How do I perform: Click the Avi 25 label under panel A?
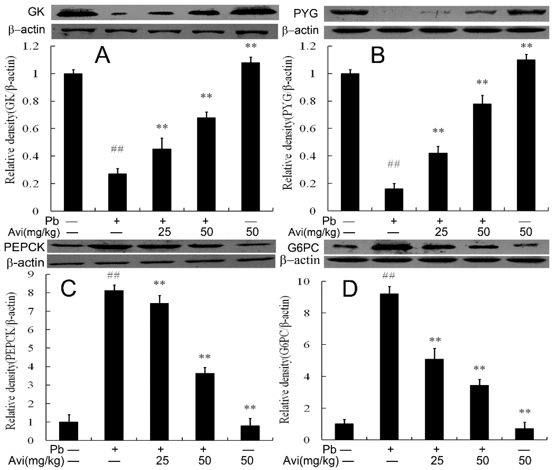[x=164, y=232]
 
